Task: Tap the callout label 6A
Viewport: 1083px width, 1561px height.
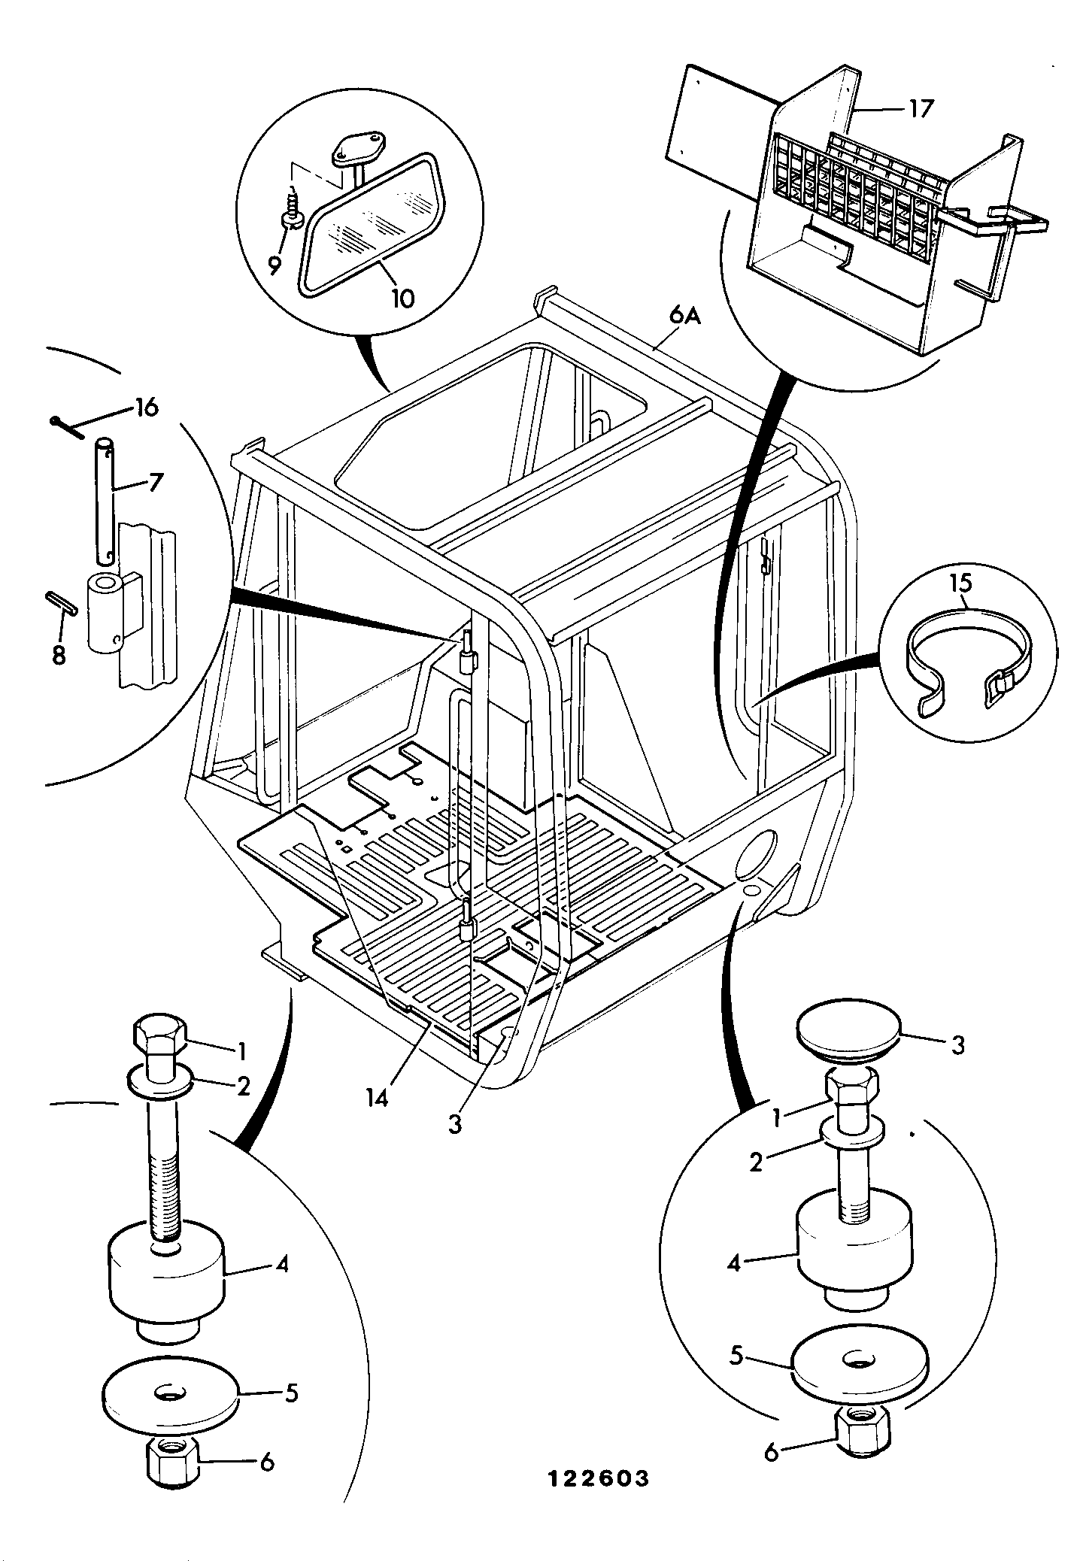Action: point(684,317)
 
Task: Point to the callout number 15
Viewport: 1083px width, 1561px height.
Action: point(960,583)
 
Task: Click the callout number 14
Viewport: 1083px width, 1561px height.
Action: point(377,1098)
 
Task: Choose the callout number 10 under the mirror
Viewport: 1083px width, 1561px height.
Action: point(402,299)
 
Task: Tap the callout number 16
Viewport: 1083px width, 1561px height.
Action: point(147,408)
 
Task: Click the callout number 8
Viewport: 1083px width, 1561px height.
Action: point(59,655)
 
